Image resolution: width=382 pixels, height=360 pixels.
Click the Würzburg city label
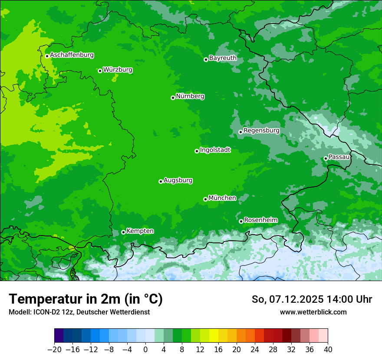coord(118,70)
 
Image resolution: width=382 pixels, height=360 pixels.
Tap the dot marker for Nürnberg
coord(173,98)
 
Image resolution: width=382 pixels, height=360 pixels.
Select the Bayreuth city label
coord(223,58)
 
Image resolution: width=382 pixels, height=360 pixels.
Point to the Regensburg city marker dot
coord(240,132)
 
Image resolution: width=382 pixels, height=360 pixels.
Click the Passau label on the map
coord(339,157)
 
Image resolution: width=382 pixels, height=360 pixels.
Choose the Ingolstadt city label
coord(215,150)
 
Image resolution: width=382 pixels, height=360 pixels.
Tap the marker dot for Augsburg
coord(161,181)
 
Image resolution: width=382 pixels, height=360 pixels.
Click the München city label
coord(222,198)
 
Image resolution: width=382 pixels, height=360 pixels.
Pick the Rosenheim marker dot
coord(241,221)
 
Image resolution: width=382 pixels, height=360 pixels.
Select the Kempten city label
coord(140,231)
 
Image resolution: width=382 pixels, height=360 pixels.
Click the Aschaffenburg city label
coord(72,55)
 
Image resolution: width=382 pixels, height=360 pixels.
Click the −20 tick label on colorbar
coord(54,350)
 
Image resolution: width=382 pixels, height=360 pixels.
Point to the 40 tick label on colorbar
coord(328,350)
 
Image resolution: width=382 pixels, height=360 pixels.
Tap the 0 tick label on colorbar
coord(145,350)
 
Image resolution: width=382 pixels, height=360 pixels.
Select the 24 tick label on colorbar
coord(255,350)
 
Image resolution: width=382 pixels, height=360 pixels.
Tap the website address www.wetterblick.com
coord(313,312)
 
